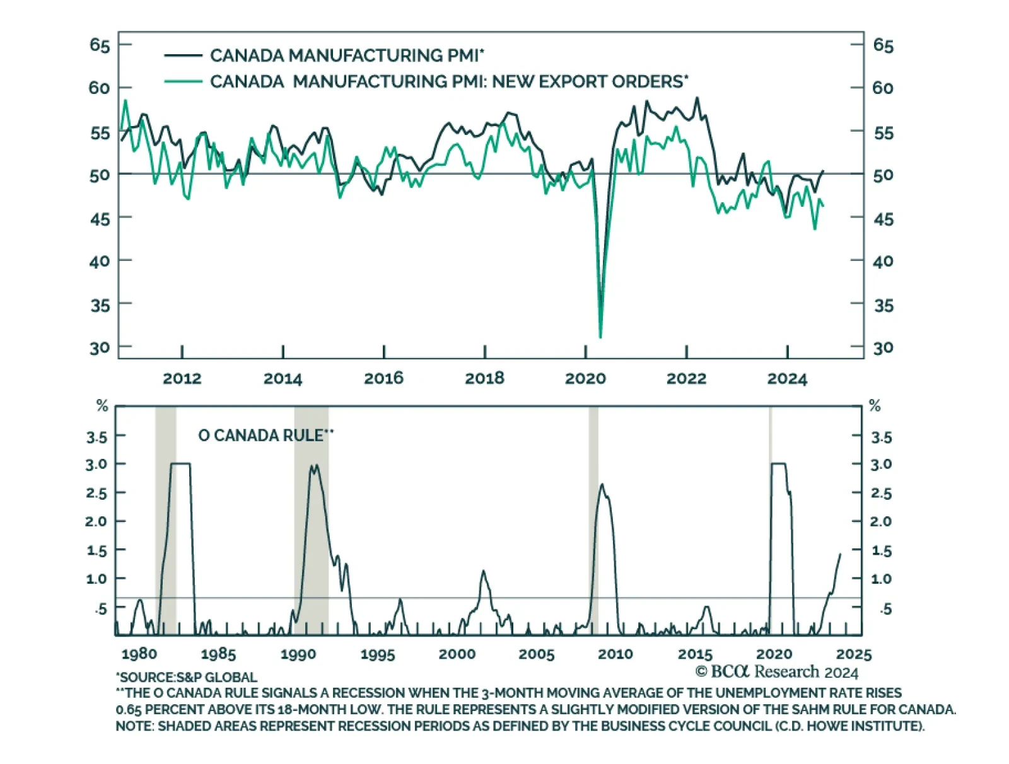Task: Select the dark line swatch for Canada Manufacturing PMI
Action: click(183, 55)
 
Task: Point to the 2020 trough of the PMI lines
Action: click(600, 336)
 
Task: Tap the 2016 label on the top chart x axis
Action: click(383, 378)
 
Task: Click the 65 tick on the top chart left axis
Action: click(100, 45)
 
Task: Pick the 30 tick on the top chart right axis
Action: click(883, 347)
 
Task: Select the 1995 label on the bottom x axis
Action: click(378, 654)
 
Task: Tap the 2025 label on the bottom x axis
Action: click(854, 654)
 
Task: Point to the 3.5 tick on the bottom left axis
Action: click(96, 436)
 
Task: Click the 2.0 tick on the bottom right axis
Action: click(880, 521)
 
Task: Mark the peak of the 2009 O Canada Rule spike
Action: click(602, 485)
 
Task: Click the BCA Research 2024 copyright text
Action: click(776, 672)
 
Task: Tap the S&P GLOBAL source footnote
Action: click(187, 678)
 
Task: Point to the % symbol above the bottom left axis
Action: click(102, 407)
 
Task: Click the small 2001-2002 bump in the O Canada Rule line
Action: click(484, 572)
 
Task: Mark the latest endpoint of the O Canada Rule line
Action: click(840, 554)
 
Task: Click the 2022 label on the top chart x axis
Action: click(686, 378)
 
